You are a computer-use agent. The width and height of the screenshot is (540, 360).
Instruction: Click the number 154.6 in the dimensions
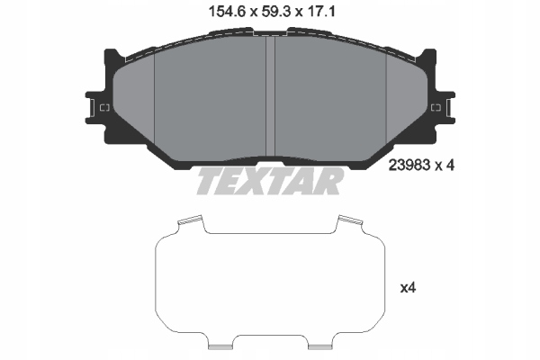point(227,13)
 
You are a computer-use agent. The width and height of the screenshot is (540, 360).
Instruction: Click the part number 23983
point(409,166)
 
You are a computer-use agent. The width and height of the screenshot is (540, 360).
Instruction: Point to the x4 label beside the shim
point(408,288)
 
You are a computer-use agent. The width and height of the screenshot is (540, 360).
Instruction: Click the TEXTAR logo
point(270,181)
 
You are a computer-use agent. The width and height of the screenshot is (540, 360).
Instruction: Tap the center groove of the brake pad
point(270,96)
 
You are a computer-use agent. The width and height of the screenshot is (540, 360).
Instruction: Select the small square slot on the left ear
point(104,108)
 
